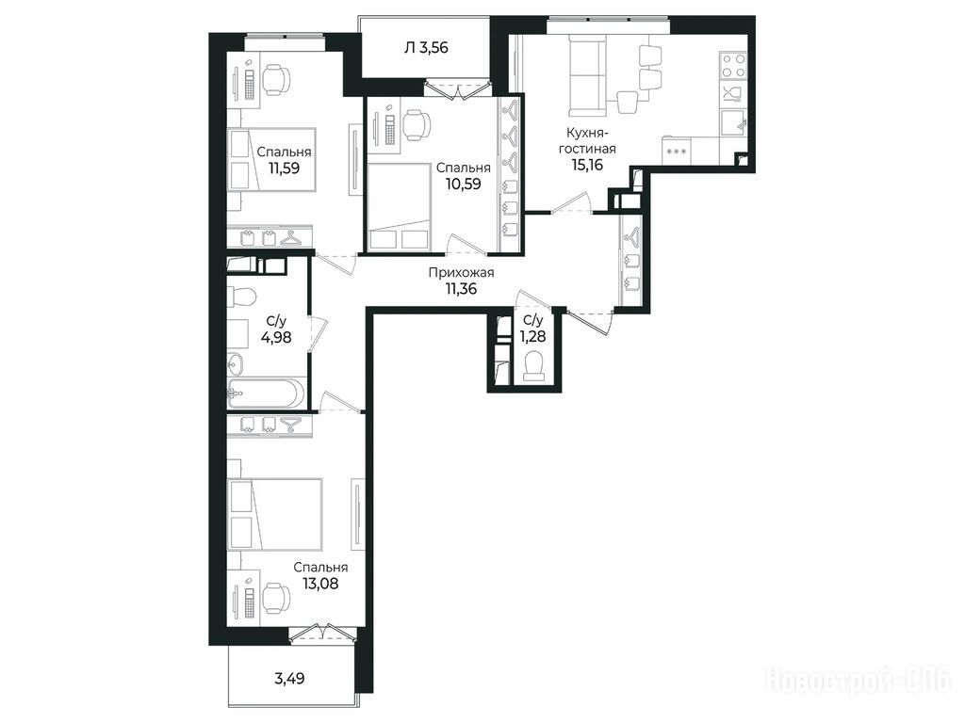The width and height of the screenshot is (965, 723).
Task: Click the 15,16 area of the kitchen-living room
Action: coord(587,165)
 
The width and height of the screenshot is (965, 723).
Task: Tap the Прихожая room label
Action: coord(461,272)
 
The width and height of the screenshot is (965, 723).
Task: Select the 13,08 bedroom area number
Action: coord(320,583)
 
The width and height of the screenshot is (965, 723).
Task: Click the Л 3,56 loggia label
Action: coord(426,47)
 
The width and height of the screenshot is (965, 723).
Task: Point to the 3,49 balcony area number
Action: coord(289,679)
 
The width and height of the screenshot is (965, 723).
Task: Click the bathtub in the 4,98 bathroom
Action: coord(266,393)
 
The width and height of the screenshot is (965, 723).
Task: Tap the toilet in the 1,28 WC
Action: coord(533,365)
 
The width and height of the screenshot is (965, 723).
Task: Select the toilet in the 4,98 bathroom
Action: coord(240,297)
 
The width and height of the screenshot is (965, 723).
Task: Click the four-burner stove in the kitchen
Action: coord(733,67)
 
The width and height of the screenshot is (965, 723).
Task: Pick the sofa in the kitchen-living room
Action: coord(587,75)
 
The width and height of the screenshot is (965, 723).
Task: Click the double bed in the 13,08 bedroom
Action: coord(274,515)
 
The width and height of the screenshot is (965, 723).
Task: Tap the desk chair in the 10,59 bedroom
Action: coord(417,125)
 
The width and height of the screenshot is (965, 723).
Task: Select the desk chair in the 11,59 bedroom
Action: coord(276,79)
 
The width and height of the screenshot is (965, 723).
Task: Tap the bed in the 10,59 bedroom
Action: coord(399,207)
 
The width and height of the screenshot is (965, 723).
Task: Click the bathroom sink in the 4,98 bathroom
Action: coord(235,365)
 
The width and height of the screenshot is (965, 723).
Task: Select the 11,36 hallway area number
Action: coord(461,288)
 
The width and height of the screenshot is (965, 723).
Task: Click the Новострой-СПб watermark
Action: coord(859,680)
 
